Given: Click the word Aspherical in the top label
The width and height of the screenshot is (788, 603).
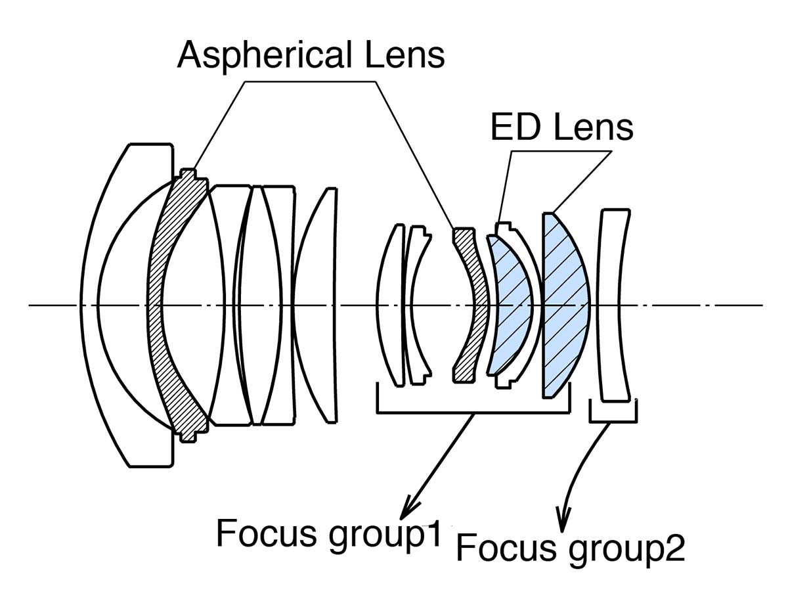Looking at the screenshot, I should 262,54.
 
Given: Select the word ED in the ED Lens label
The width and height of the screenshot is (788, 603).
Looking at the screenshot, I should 515,127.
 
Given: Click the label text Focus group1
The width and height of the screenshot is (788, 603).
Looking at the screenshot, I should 329,533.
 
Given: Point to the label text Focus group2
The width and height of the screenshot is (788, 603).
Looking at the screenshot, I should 570,547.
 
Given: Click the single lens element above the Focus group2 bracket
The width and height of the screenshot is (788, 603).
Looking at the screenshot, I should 613,305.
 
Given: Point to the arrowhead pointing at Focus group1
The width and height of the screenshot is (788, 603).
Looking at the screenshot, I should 410,509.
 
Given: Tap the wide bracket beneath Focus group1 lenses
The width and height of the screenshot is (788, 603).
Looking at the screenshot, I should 473,411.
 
